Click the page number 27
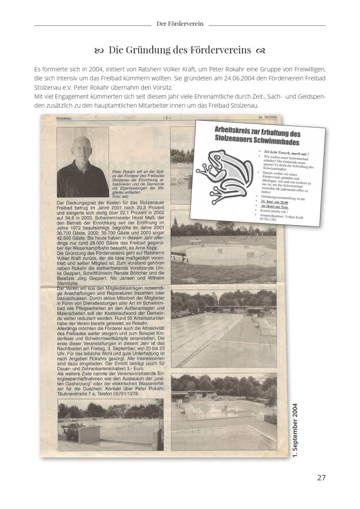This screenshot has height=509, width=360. [x=321, y=478]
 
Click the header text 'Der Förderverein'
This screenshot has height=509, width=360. [x=180, y=24]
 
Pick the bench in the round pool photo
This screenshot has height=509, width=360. [x=179, y=257]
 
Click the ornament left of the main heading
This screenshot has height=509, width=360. [x=99, y=51]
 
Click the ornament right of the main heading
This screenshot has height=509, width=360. [x=260, y=51]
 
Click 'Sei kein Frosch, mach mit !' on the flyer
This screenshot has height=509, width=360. [x=287, y=153]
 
